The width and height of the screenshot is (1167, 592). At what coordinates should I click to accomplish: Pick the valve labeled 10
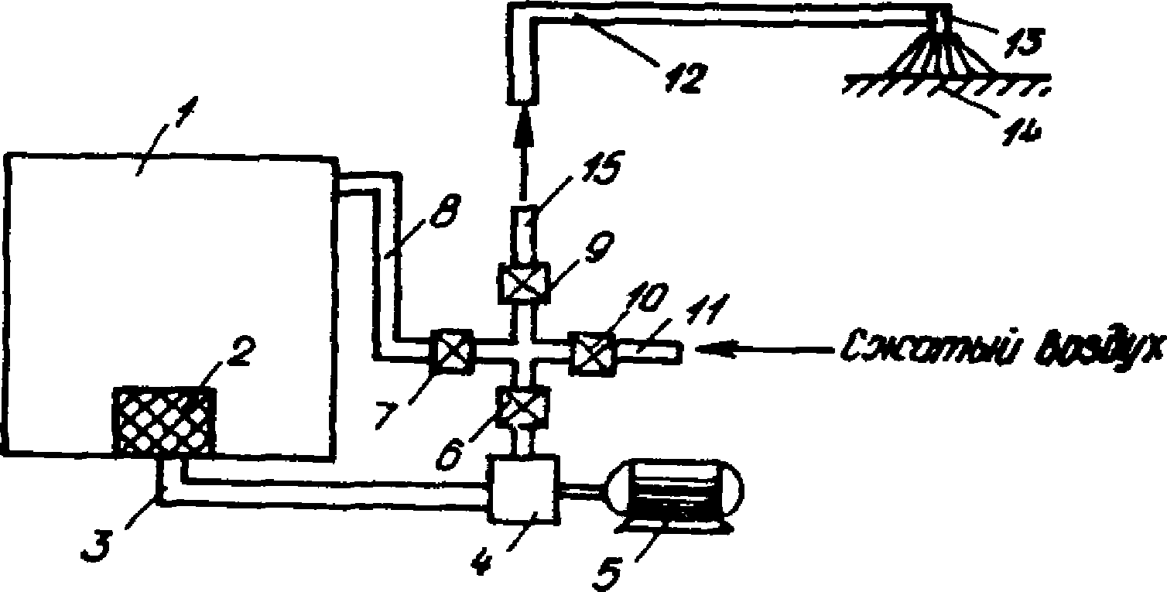pos(592,353)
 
